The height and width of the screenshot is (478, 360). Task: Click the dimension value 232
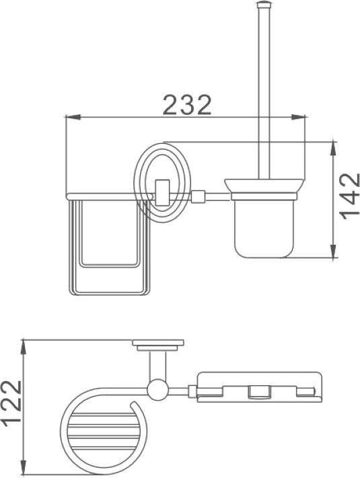[x=187, y=104]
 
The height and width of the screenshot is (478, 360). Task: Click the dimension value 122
[x=11, y=401]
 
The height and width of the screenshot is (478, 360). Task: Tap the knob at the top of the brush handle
[x=264, y=4]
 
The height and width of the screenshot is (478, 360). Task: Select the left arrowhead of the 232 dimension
[x=73, y=117]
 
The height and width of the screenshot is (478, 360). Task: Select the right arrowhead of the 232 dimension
[x=298, y=117]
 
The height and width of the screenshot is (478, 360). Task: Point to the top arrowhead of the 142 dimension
[x=334, y=149]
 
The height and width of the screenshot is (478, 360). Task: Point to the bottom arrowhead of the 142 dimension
[x=334, y=251]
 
